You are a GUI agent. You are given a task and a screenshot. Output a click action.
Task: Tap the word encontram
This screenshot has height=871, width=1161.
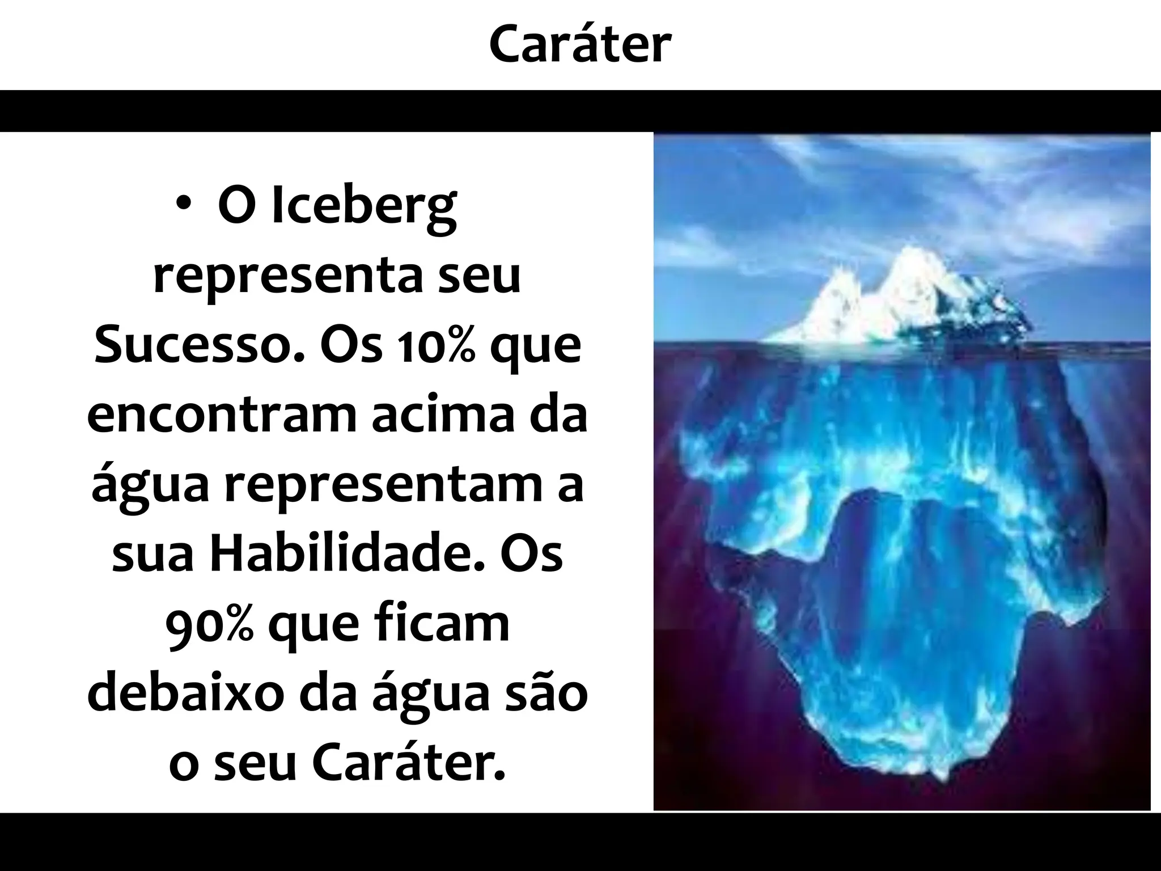click(222, 416)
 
